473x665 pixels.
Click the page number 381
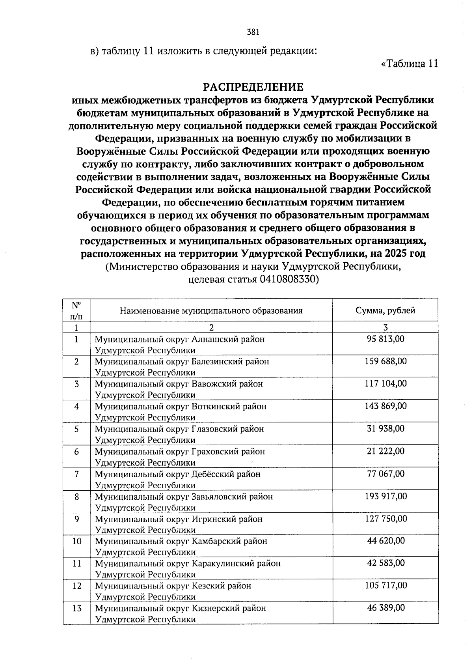click(x=253, y=32)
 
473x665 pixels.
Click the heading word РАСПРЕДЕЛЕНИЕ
click(x=253, y=87)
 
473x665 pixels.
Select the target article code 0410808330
click(x=289, y=280)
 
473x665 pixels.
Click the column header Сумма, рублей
click(x=385, y=310)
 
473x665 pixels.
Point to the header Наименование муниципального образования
click(x=211, y=310)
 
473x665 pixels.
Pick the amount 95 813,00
click(x=385, y=339)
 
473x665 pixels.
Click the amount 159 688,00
click(x=385, y=361)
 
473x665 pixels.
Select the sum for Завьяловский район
click(x=385, y=496)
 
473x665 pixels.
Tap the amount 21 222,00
click(x=385, y=451)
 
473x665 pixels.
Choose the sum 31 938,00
click(x=385, y=429)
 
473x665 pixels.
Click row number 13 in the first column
click(x=77, y=608)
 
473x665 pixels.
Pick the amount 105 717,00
click(x=385, y=586)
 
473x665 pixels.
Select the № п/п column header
click(x=77, y=310)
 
